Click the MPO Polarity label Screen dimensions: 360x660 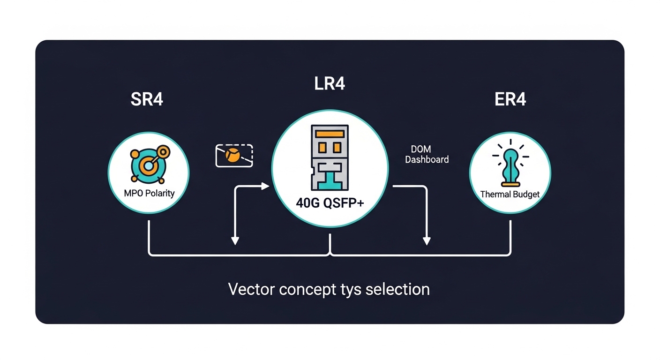[149, 193]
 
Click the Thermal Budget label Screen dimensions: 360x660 [510, 194]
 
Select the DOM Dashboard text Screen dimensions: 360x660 [427, 155]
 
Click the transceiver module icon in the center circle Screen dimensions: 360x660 [330, 157]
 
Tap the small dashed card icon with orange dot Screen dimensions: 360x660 [234, 156]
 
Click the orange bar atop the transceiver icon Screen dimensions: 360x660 [330, 134]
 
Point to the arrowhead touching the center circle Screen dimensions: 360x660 [266, 187]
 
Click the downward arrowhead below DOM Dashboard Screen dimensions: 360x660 [426, 241]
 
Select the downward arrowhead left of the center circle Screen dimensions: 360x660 [235, 241]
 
